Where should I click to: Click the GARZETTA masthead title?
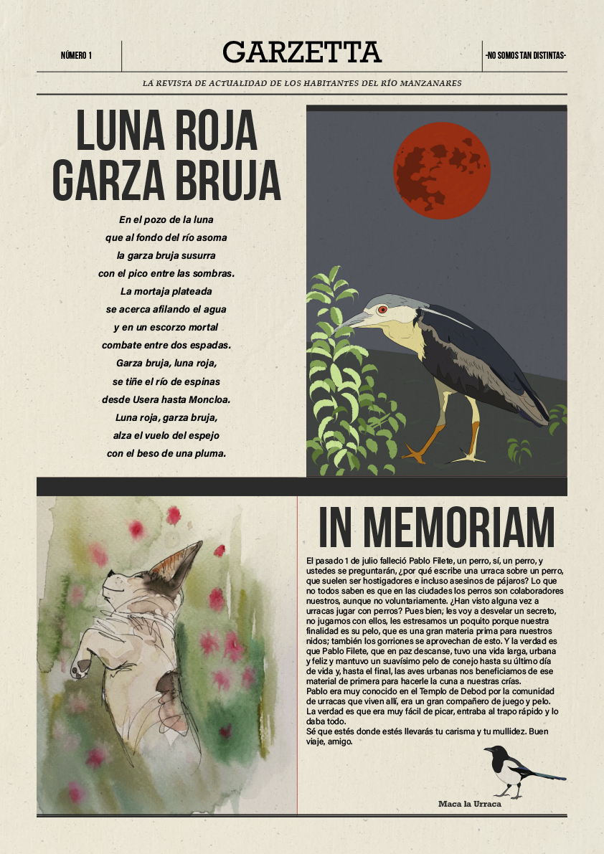coord(302,52)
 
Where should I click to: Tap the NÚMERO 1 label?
coord(76,55)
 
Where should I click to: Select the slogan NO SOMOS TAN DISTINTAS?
coord(525,55)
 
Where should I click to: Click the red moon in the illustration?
coord(442,170)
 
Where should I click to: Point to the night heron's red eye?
coord(382,310)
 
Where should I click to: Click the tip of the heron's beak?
coord(337,326)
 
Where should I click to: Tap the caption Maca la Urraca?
coord(469,804)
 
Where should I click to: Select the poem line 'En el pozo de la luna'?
coord(166,219)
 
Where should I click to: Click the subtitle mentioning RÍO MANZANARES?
coord(302,83)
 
